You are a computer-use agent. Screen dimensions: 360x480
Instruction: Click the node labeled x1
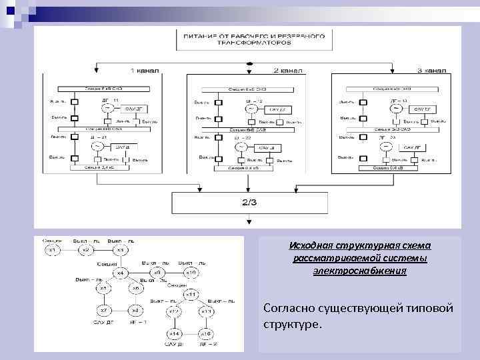pos(53,250)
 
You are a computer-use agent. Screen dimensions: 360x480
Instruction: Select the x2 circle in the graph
pos(86,250)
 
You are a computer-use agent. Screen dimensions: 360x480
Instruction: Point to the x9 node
pos(157,273)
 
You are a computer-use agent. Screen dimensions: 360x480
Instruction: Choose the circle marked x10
pos(191,273)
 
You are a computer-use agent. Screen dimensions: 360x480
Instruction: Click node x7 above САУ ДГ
pos(103,311)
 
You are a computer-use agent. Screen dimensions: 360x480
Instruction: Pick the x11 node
pos(190,294)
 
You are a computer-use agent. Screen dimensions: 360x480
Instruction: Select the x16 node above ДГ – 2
pos(206,333)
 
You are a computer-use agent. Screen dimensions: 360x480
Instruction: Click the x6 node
pos(135,288)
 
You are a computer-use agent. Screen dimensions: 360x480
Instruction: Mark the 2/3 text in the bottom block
pos(248,203)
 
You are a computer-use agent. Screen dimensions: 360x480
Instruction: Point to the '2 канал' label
pos(288,70)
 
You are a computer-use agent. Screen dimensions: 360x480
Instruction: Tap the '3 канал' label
pos(431,70)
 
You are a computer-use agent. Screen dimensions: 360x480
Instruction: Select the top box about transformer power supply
pos(251,38)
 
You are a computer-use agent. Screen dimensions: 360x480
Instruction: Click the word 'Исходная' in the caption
pos(310,245)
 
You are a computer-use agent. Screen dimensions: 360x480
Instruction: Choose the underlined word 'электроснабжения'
pos(359,271)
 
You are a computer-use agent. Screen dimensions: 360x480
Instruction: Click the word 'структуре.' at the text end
pos(292,325)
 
